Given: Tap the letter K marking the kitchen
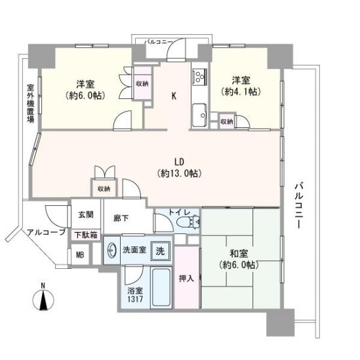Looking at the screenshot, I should coord(174,96).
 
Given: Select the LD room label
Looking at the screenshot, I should coord(178,161).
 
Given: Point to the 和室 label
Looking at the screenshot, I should coord(237,253).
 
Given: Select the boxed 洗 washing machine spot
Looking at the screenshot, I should coord(159,250).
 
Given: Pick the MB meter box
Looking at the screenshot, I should coord(79,255).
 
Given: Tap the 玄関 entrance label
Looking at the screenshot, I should coord(86,214).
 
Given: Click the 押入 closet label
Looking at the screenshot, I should coord(187,277).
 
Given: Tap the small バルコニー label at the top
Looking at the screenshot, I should coord(159,42).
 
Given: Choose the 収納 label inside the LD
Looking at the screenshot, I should coord(104,189).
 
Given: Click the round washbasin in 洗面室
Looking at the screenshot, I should coord(110,250).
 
